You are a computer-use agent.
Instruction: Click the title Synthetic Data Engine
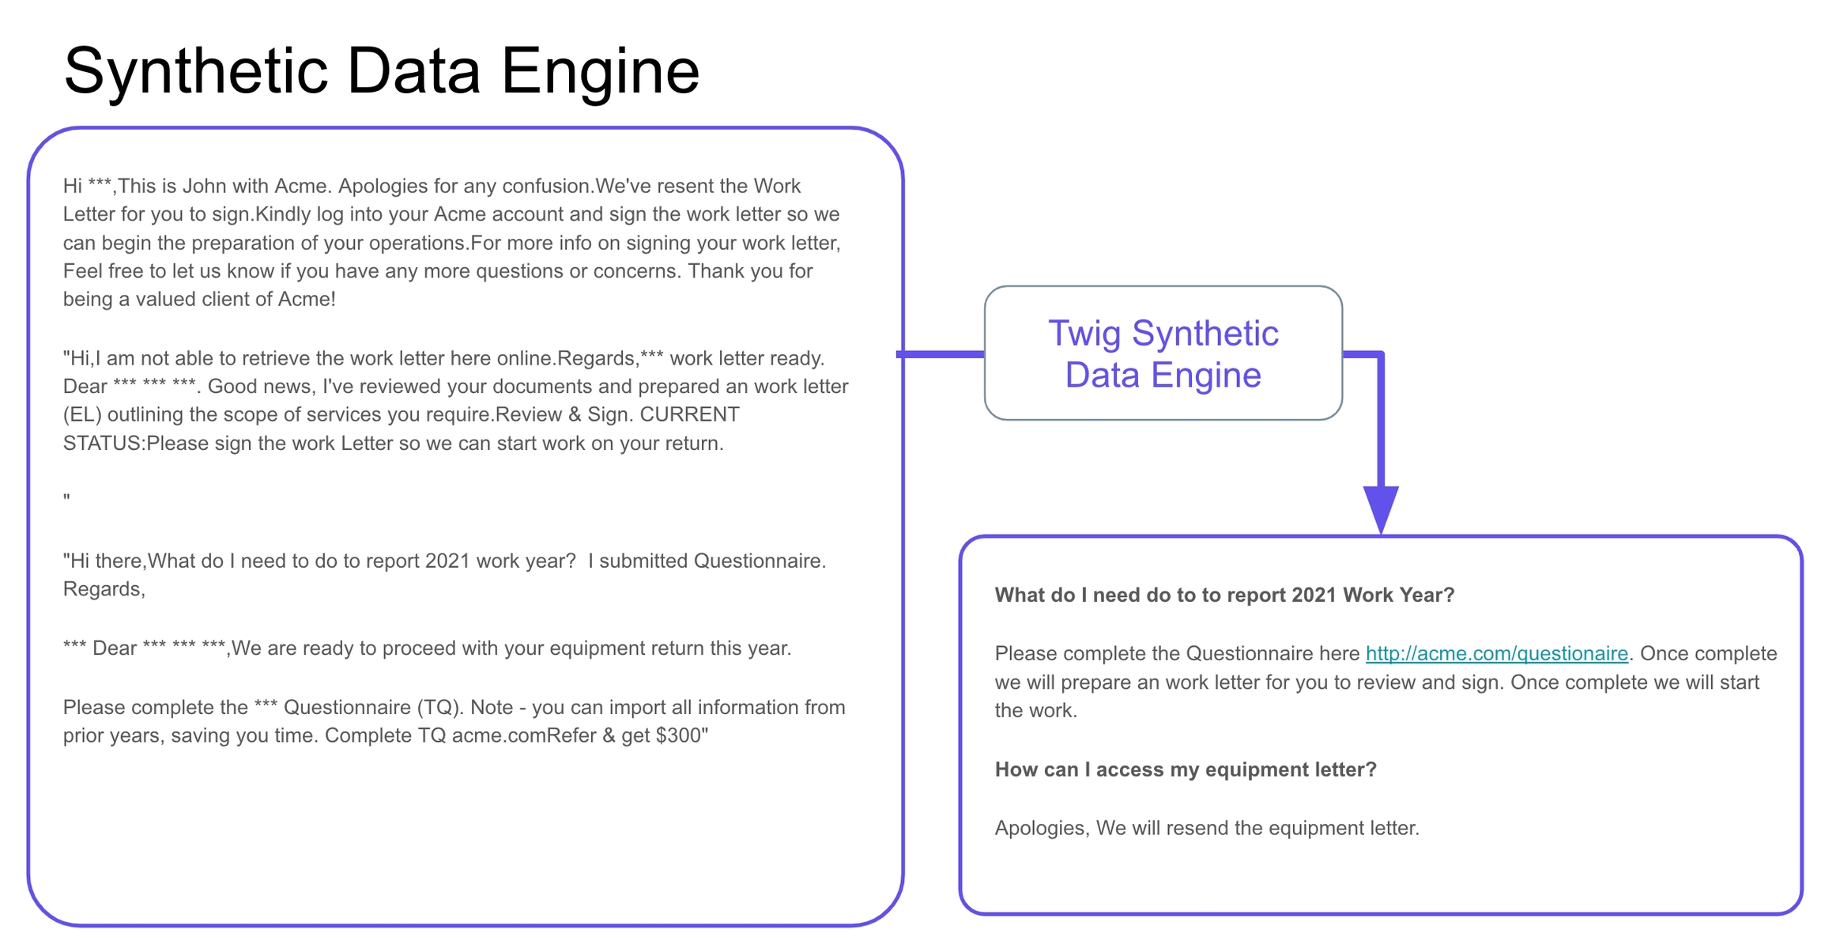pos(381,71)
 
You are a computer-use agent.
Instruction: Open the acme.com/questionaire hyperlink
pos(1496,653)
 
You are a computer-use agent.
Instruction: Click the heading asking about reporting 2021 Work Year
pos(1223,595)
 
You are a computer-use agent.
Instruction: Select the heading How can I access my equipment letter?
pos(1185,769)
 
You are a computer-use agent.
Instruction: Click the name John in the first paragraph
pos(203,186)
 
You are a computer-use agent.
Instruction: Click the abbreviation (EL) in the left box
pos(82,414)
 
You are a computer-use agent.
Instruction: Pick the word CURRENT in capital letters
pos(689,414)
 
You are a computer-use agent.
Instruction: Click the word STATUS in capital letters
pos(101,443)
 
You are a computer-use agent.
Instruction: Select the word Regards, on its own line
pos(104,589)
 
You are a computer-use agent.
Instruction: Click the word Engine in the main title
pos(600,71)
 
